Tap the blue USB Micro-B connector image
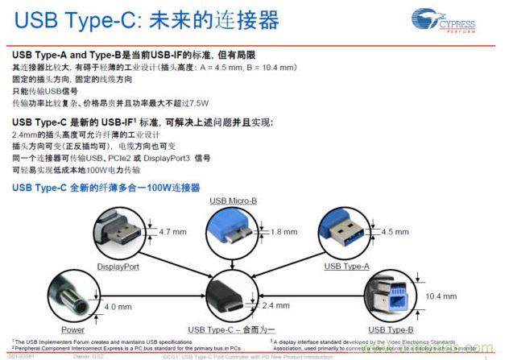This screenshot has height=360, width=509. tap(233, 232)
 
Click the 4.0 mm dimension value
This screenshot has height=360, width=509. tap(118, 306)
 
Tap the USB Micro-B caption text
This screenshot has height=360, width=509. tap(233, 200)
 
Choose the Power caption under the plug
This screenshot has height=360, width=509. tap(72, 329)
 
